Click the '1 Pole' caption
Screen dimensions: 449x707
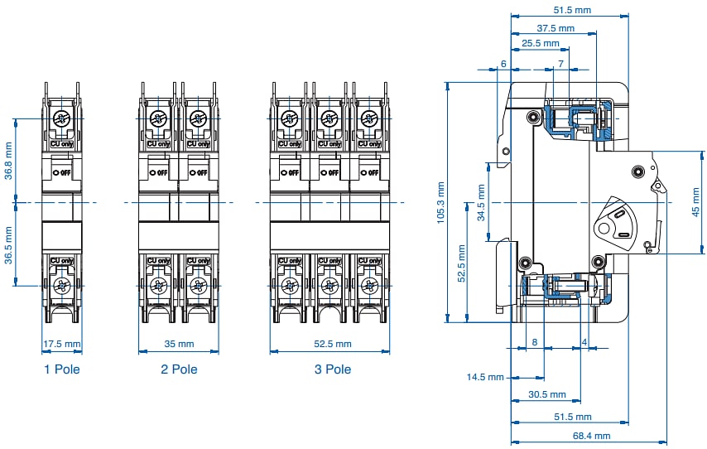[x=62, y=369]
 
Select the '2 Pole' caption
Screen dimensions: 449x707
[x=179, y=369]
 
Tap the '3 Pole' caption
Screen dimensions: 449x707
[x=333, y=369]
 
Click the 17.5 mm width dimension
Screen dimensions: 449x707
[x=62, y=344]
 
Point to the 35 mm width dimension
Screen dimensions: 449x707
[x=179, y=344]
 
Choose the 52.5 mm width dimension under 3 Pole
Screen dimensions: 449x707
[x=331, y=344]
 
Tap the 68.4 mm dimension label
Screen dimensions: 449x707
[x=590, y=436]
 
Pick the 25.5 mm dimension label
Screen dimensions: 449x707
[x=540, y=43]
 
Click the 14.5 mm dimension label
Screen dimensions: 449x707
[x=485, y=378]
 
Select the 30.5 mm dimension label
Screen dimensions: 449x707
[x=546, y=395]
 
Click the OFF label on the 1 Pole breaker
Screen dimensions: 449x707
[x=61, y=172]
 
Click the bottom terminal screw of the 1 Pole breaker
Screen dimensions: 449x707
[x=61, y=287]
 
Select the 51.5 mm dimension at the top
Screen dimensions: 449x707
[x=571, y=11]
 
